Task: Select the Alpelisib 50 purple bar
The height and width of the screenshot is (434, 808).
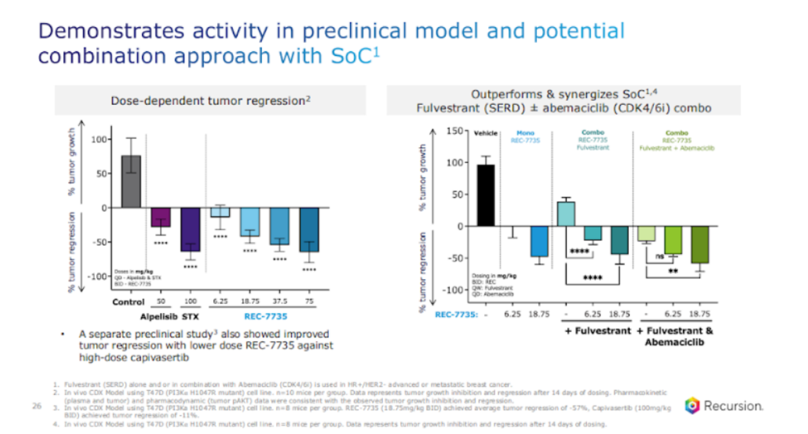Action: click(x=161, y=217)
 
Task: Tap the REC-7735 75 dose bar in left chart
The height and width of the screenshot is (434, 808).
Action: click(x=309, y=230)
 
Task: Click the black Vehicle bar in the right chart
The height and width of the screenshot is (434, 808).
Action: click(x=486, y=195)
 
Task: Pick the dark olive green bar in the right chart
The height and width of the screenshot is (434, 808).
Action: click(x=699, y=244)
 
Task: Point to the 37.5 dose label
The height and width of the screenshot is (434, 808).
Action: click(x=279, y=302)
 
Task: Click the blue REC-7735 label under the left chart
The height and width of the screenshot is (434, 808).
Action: click(x=265, y=316)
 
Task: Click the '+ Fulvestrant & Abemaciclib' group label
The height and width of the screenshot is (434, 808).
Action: click(x=674, y=336)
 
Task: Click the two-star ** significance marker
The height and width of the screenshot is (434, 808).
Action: click(x=672, y=271)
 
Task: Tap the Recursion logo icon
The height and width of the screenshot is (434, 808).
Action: click(x=692, y=405)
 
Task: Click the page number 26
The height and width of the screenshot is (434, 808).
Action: click(x=37, y=406)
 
